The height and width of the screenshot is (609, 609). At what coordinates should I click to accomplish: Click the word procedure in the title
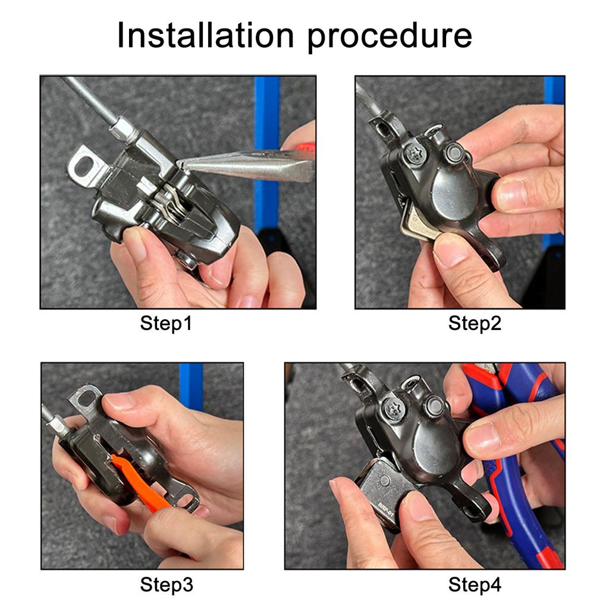click(390, 37)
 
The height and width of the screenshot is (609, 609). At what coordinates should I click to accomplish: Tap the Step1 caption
click(166, 324)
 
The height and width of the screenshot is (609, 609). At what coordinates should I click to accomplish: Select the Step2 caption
click(475, 324)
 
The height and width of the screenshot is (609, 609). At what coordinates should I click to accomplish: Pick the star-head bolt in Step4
click(394, 409)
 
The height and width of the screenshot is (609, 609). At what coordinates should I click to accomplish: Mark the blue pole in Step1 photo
click(266, 155)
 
